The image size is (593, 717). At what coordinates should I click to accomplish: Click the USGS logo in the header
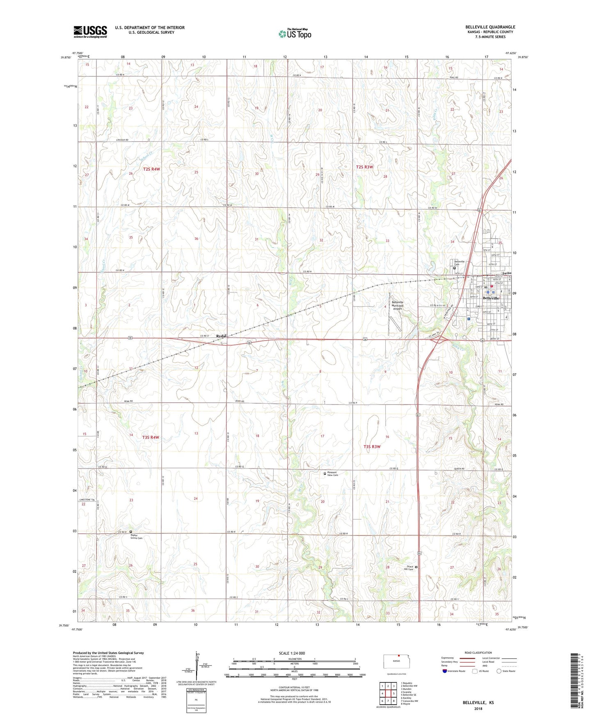[x=90, y=31]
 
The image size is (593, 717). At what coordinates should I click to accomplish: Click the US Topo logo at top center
[x=295, y=33]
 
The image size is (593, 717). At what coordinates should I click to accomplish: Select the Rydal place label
[x=221, y=336]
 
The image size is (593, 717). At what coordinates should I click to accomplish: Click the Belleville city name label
[x=491, y=298]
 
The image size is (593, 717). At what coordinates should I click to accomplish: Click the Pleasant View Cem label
[x=332, y=474]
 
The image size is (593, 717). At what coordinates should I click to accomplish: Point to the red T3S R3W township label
[x=372, y=446]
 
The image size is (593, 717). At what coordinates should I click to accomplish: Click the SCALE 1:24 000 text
[x=292, y=653]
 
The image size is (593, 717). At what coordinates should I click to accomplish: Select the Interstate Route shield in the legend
[x=445, y=671]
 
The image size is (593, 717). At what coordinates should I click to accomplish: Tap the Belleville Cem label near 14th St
[x=459, y=262]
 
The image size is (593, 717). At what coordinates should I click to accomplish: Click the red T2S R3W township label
[x=364, y=167]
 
